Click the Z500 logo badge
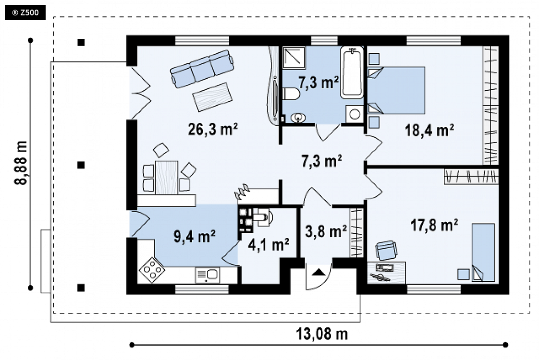pos(25,13)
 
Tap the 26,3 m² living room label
pos(213,129)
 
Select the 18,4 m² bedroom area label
pos(429,131)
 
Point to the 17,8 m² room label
pos(434,225)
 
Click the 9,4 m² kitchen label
pos(195,236)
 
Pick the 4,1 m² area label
pos(269,245)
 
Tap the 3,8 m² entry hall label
pos(326,231)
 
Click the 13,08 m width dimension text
pos(322,334)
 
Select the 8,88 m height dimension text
pos(21,163)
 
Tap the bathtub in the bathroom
pos(352,72)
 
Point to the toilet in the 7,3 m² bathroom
pos(291,94)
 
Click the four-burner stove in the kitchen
pos(152,270)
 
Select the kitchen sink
pos(207,275)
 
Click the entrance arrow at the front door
pos(318,273)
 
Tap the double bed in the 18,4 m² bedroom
pos(396,90)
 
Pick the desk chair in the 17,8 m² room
pos(386,250)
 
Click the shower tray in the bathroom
pos(294,57)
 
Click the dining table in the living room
pos(166,178)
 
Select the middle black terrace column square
pos(81,165)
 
